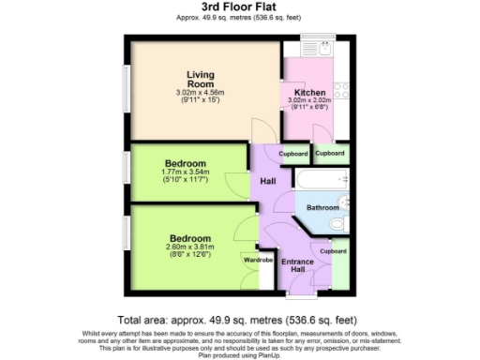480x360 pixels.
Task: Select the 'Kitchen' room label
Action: pos(310,93)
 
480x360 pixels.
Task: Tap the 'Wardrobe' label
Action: pos(259,260)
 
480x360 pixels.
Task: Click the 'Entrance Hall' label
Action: pos(297,265)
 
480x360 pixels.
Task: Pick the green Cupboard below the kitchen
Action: pos(329,152)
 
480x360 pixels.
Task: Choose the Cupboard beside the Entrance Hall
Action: pos(333,251)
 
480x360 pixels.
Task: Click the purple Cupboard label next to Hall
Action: pos(293,152)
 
